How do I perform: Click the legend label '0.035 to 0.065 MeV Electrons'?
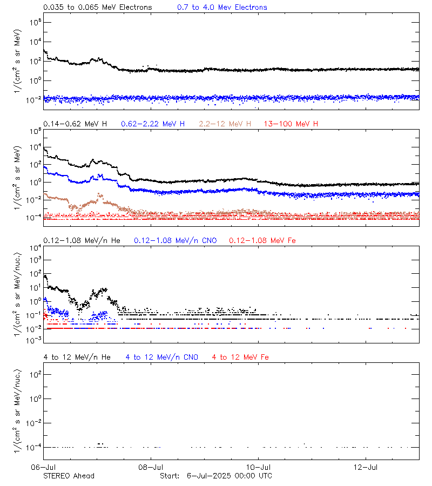click(98, 8)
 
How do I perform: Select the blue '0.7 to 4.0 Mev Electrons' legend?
click(222, 8)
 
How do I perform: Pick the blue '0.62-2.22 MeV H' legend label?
click(153, 124)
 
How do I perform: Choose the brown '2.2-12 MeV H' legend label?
click(225, 124)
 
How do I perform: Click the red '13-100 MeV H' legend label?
click(291, 124)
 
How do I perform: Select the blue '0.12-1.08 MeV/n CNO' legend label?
click(175, 240)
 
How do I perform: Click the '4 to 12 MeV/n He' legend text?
click(77, 357)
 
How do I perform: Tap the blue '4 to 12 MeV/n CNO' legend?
click(161, 357)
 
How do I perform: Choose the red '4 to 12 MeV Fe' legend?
click(240, 357)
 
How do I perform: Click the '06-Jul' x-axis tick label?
click(44, 467)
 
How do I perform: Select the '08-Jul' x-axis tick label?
click(151, 467)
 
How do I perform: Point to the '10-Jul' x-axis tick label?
click(259, 467)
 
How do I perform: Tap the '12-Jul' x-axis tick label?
click(366, 467)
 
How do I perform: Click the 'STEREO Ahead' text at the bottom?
click(69, 476)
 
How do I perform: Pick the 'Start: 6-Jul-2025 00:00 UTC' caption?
click(216, 476)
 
